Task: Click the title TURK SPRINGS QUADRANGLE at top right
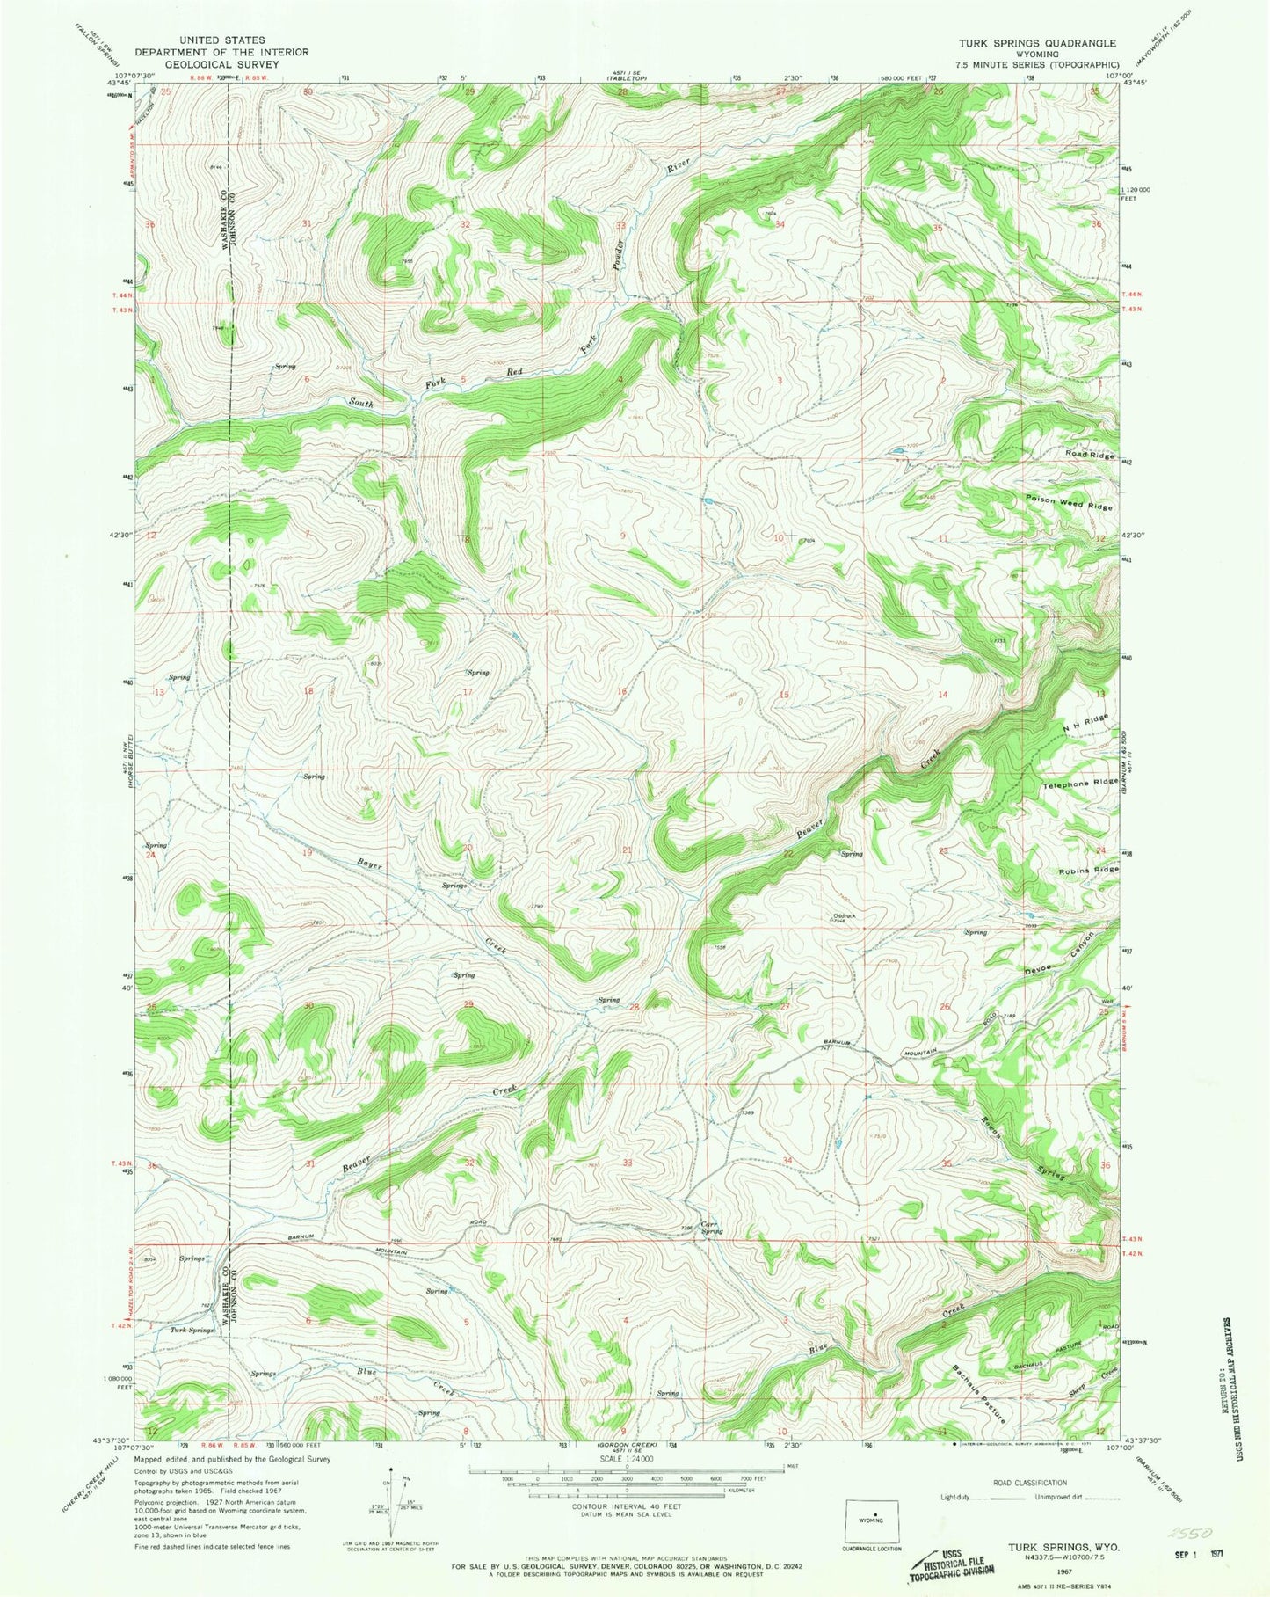pos(1038,42)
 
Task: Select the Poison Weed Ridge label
pos(1068,507)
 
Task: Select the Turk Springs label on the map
pos(192,1331)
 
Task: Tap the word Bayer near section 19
pos(369,864)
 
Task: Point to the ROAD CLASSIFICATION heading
pos(1029,1483)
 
